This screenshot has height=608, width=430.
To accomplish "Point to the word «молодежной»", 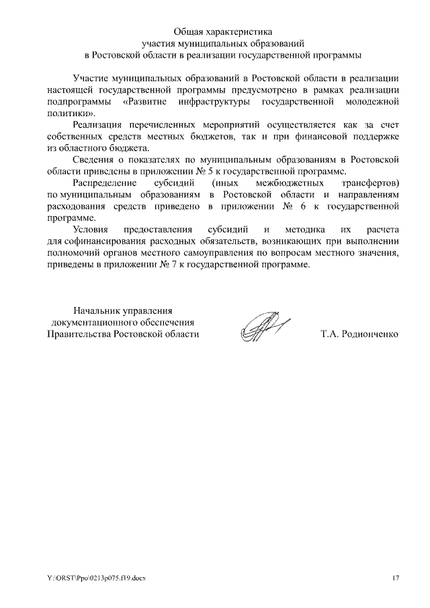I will click(372, 101).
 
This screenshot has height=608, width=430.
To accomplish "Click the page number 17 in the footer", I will click(396, 577).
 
